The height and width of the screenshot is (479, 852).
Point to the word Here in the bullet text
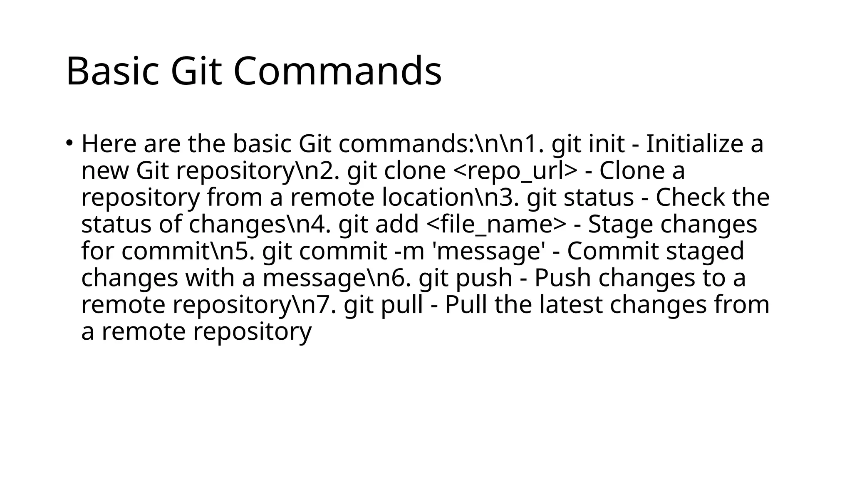click(x=109, y=144)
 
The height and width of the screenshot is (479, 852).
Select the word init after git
click(x=607, y=144)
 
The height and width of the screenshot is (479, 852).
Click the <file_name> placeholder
click(x=496, y=225)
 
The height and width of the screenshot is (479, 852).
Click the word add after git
click(x=397, y=225)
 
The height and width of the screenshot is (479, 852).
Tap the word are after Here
click(x=162, y=144)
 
